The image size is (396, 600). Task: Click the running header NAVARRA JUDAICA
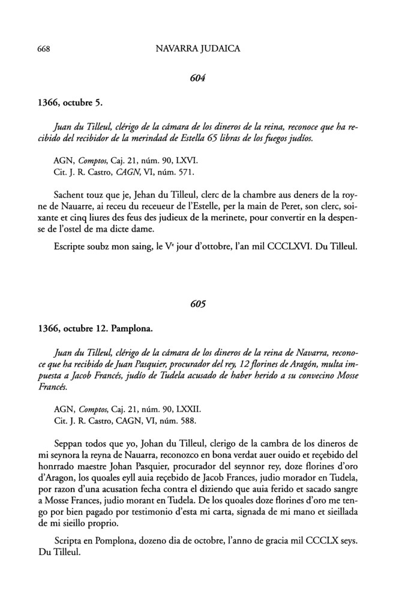pos(197,49)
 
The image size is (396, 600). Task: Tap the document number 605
pos(197,304)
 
